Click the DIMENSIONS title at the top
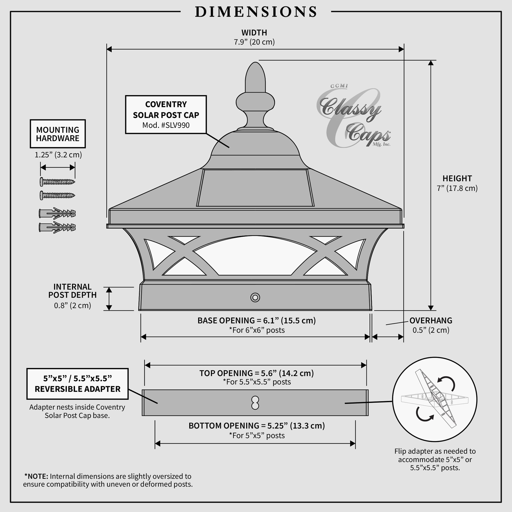pyautogui.click(x=256, y=12)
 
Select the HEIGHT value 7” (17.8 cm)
pyautogui.click(x=457, y=188)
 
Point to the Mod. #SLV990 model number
pyautogui.click(x=166, y=125)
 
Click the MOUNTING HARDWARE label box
pyautogui.click(x=58, y=134)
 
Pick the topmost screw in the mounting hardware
pyautogui.click(x=57, y=182)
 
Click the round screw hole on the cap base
pyautogui.click(x=255, y=297)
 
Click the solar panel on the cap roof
pyautogui.click(x=255, y=188)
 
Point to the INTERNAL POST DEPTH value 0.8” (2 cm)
pyautogui.click(x=72, y=306)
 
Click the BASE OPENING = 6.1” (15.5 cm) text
pyautogui.click(x=256, y=321)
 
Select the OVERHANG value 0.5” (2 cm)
pyautogui.click(x=431, y=330)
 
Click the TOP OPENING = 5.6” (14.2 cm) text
pyautogui.click(x=256, y=373)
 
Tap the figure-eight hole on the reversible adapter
pyautogui.click(x=255, y=403)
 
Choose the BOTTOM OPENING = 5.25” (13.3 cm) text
pyautogui.click(x=256, y=426)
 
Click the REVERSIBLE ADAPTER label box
pyautogui.click(x=77, y=384)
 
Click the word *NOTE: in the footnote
pyautogui.click(x=36, y=476)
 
